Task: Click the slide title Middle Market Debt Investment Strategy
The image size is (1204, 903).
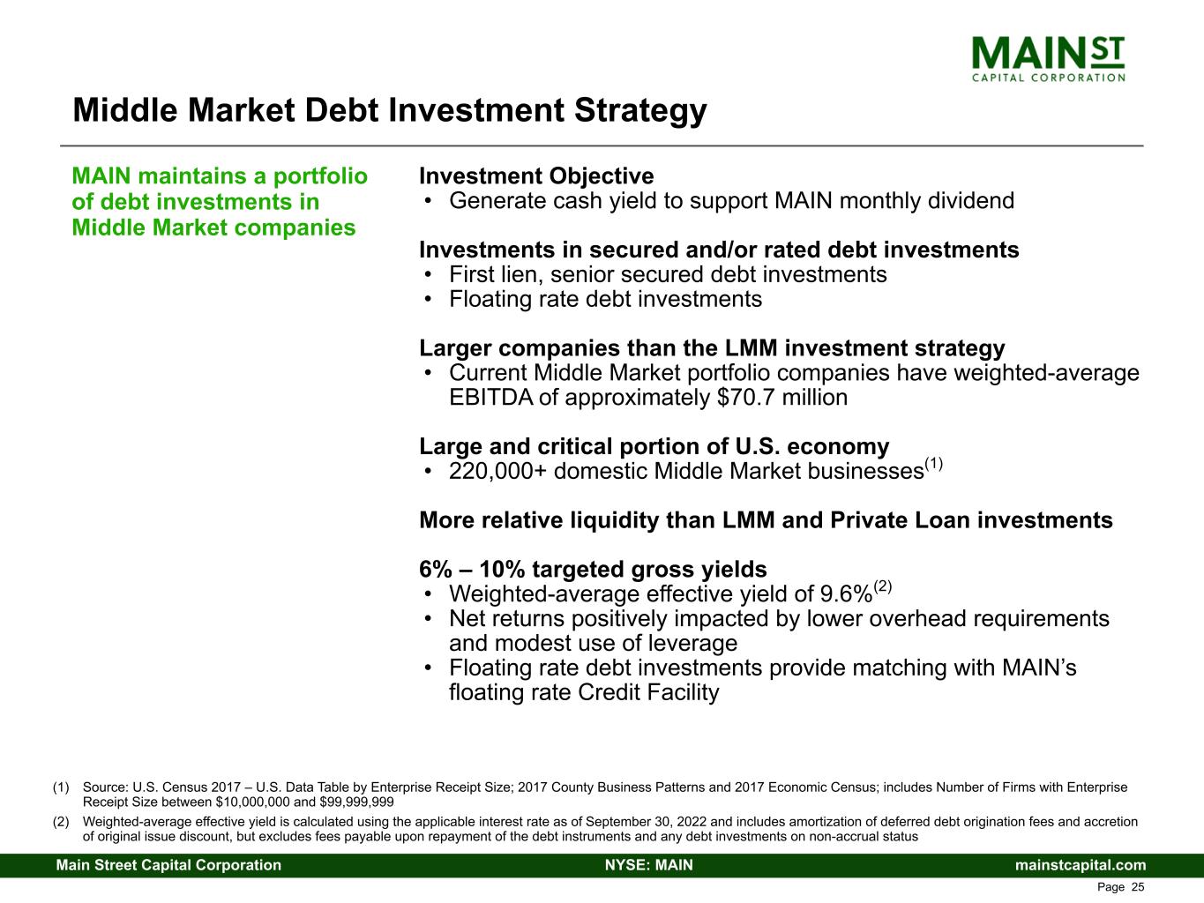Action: click(x=389, y=111)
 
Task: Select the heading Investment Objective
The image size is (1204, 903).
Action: click(x=536, y=176)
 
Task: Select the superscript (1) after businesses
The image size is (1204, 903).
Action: click(x=934, y=464)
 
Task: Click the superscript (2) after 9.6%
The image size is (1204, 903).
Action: click(x=883, y=586)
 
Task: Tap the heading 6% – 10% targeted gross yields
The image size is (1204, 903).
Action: click(x=593, y=570)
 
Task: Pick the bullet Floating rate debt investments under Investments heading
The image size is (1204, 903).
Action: click(x=605, y=300)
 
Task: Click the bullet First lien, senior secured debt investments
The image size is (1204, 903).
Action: click(x=668, y=275)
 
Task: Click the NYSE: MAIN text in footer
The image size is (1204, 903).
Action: click(x=648, y=865)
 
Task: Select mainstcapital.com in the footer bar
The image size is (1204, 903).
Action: click(x=1081, y=865)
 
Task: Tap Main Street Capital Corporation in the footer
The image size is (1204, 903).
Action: click(x=168, y=865)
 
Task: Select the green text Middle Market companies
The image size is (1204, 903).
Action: click(x=213, y=228)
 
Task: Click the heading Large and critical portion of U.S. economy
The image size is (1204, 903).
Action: click(x=654, y=447)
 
